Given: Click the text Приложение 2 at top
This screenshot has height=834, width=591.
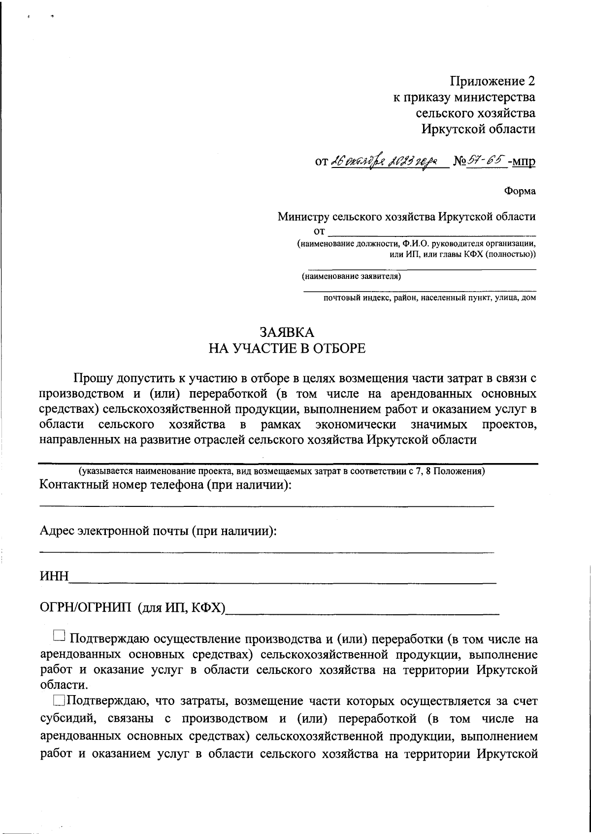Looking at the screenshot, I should pyautogui.click(x=492, y=81).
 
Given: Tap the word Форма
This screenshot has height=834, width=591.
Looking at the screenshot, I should pyautogui.click(x=520, y=192).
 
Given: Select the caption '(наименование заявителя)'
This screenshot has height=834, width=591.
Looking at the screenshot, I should pyautogui.click(x=352, y=276).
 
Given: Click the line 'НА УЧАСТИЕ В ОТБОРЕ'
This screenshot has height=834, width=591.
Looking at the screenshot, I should pyautogui.click(x=287, y=349).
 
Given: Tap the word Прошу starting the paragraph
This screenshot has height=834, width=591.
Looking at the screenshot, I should pyautogui.click(x=93, y=378).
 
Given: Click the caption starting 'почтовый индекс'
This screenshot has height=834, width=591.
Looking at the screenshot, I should pyautogui.click(x=428, y=298).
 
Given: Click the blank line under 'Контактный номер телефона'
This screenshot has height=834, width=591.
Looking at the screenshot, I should pyautogui.click(x=266, y=505).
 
